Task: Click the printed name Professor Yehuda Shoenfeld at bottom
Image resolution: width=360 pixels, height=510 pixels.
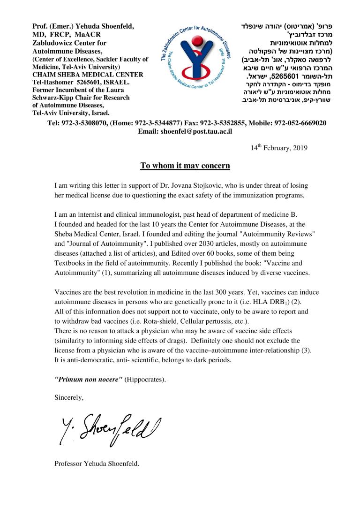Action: coord(97,464)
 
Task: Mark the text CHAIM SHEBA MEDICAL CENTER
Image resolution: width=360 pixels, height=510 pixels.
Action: coord(88,74)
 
